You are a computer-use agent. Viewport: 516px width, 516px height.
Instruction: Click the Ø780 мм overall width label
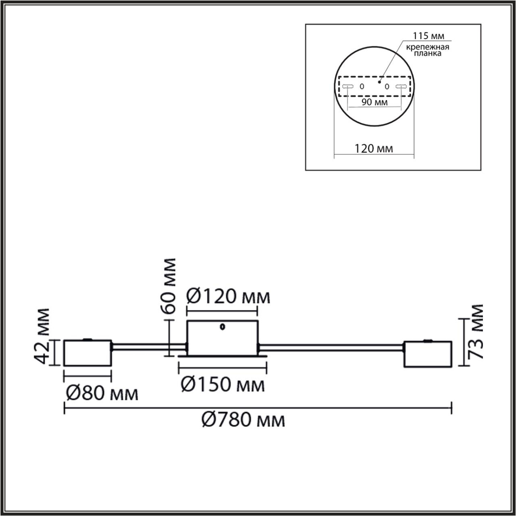pyautogui.click(x=243, y=421)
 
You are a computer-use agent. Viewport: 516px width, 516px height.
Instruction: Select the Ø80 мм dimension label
pyautogui.click(x=102, y=394)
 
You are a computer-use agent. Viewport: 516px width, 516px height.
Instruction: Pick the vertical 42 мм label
pyautogui.click(x=44, y=336)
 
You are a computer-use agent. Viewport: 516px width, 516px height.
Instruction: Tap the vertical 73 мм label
pyautogui.click(x=476, y=332)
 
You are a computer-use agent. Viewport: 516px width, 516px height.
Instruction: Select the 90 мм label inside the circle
pyautogui.click(x=375, y=103)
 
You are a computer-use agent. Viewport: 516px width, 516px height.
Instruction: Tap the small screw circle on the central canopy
pyautogui.click(x=222, y=326)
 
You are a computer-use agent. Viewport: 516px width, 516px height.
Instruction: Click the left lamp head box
pyautogui.click(x=87, y=352)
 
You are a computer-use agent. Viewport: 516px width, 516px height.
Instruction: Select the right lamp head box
pyautogui.click(x=428, y=354)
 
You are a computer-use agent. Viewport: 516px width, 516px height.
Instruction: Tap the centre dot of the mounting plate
pyautogui.click(x=379, y=80)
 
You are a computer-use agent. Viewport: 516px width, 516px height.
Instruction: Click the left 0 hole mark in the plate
pyautogui.click(x=362, y=86)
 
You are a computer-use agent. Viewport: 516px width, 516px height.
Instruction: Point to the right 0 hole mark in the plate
pyautogui.click(x=386, y=86)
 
